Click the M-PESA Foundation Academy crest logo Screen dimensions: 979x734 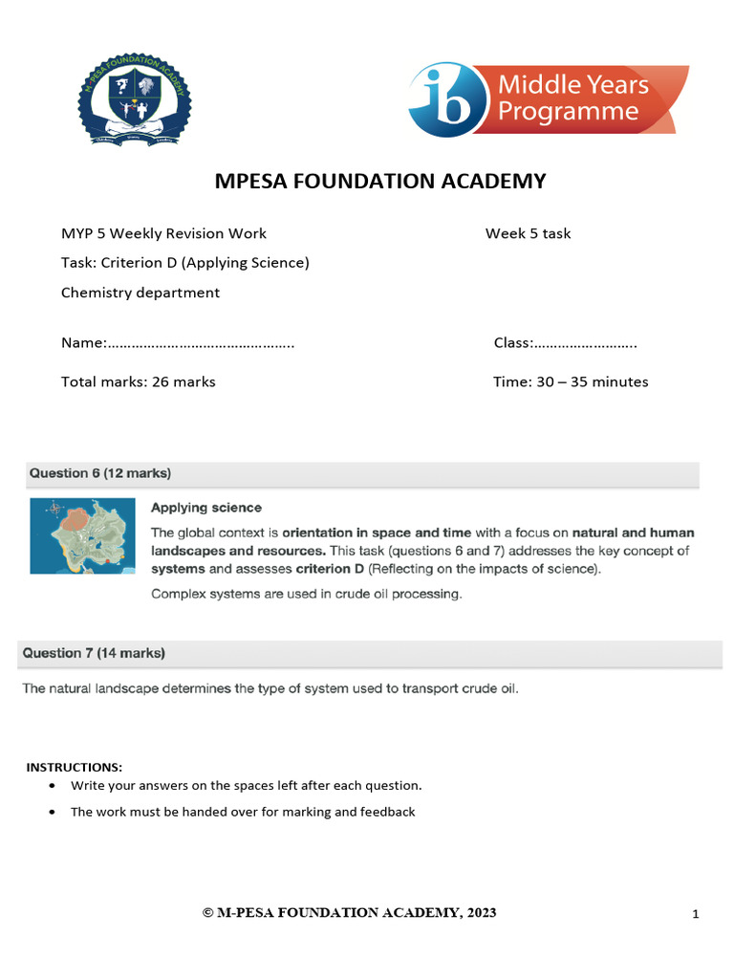click(x=134, y=99)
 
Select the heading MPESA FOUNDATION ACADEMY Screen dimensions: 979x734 click(x=366, y=181)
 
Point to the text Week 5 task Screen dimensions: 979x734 click(x=528, y=233)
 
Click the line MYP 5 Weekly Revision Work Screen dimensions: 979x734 click(x=163, y=233)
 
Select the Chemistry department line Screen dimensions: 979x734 click(x=140, y=293)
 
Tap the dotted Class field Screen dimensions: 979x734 click(x=584, y=342)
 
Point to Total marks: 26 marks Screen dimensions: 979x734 click(x=139, y=381)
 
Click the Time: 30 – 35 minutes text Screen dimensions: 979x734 click(x=571, y=381)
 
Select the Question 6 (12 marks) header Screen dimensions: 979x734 click(x=101, y=473)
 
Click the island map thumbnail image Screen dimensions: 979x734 click(x=82, y=536)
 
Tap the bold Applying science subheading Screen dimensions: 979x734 click(x=205, y=508)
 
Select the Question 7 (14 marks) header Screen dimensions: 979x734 click(x=94, y=653)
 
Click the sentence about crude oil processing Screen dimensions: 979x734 click(x=306, y=594)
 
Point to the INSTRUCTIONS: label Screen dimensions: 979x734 click(x=74, y=768)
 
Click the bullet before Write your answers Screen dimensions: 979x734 click(x=51, y=786)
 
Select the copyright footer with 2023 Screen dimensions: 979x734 click(x=350, y=912)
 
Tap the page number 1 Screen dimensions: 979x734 click(x=696, y=915)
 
